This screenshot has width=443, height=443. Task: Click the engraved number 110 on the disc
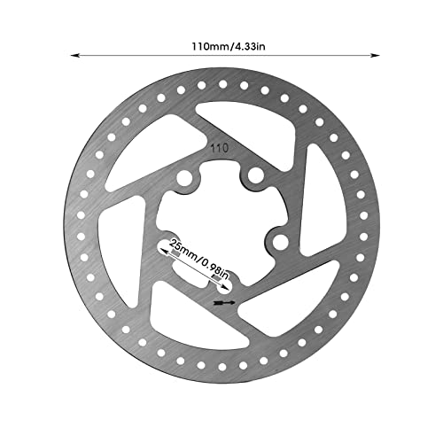click(x=217, y=151)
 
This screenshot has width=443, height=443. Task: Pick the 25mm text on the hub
click(x=183, y=249)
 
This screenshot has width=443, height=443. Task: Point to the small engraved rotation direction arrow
click(x=224, y=302)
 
